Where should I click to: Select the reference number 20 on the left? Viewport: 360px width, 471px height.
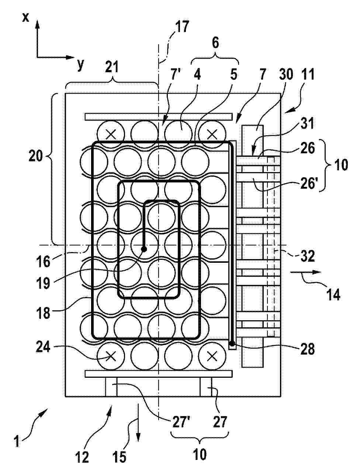[36, 156]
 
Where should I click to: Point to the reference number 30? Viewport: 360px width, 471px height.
[286, 74]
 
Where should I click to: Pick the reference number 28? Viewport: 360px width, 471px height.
[307, 349]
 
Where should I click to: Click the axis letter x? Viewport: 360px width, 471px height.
[25, 17]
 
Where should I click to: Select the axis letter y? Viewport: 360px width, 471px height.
[80, 64]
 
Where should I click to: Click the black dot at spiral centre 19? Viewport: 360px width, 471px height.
[143, 249]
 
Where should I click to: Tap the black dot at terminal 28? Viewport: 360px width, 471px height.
[232, 343]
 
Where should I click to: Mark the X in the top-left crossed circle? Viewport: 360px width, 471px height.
[111, 135]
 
